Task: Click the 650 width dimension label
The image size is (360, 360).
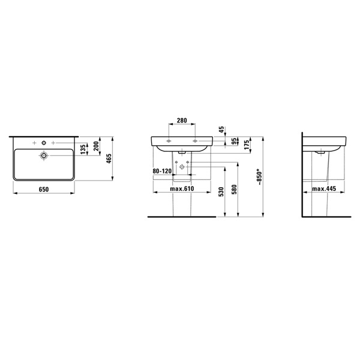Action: tap(44, 190)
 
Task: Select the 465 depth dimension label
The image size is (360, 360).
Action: tap(109, 158)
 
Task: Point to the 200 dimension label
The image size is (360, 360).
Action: tap(96, 146)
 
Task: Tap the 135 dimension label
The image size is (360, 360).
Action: tap(83, 149)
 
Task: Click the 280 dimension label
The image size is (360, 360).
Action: tap(182, 121)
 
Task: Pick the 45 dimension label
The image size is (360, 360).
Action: tap(221, 129)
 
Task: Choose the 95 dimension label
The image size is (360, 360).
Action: tap(234, 141)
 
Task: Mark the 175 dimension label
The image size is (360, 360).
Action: tap(247, 145)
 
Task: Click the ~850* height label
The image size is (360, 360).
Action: tap(259, 177)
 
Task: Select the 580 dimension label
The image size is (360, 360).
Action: tap(234, 190)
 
